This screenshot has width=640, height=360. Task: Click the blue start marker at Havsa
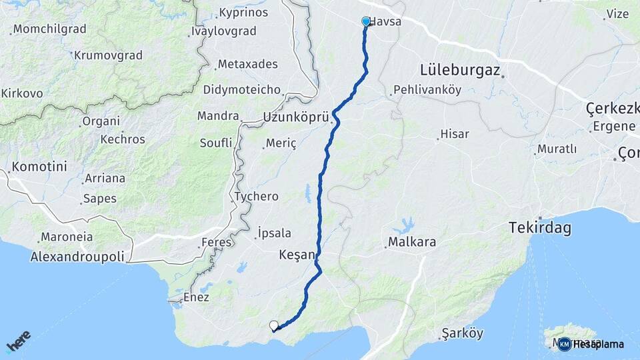point(366,21)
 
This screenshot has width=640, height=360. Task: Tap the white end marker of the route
point(273,325)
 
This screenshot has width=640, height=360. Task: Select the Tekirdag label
point(539,228)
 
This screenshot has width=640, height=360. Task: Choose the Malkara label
point(413,242)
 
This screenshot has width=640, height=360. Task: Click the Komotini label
point(39,167)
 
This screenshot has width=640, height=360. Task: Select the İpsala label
point(274,233)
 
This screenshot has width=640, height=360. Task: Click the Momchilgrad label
point(50,29)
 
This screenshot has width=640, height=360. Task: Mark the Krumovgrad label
point(108,55)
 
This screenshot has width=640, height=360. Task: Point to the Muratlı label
point(557,149)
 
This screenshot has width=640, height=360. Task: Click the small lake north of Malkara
point(403,224)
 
